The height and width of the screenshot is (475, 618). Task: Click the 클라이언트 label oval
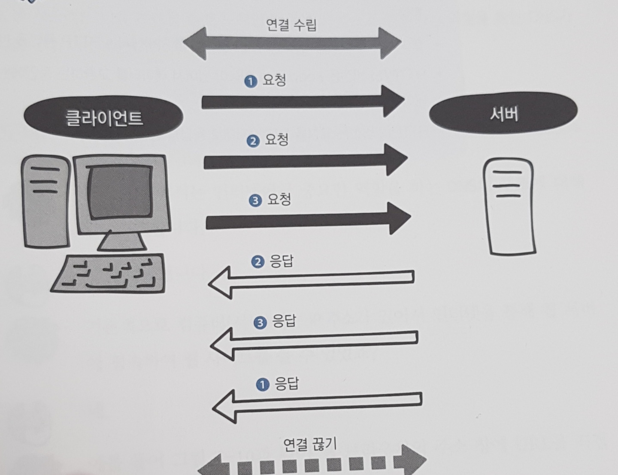coord(103,118)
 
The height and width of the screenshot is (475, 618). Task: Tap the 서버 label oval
coord(503,113)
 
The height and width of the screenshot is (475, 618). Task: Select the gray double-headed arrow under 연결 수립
coord(292,44)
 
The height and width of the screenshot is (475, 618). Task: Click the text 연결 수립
coord(291,25)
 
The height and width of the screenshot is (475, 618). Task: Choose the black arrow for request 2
coord(305,161)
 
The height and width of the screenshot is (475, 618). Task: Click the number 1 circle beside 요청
coord(250,81)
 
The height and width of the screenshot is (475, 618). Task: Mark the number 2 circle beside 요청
coord(253,141)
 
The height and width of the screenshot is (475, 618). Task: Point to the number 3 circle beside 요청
coord(255,200)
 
